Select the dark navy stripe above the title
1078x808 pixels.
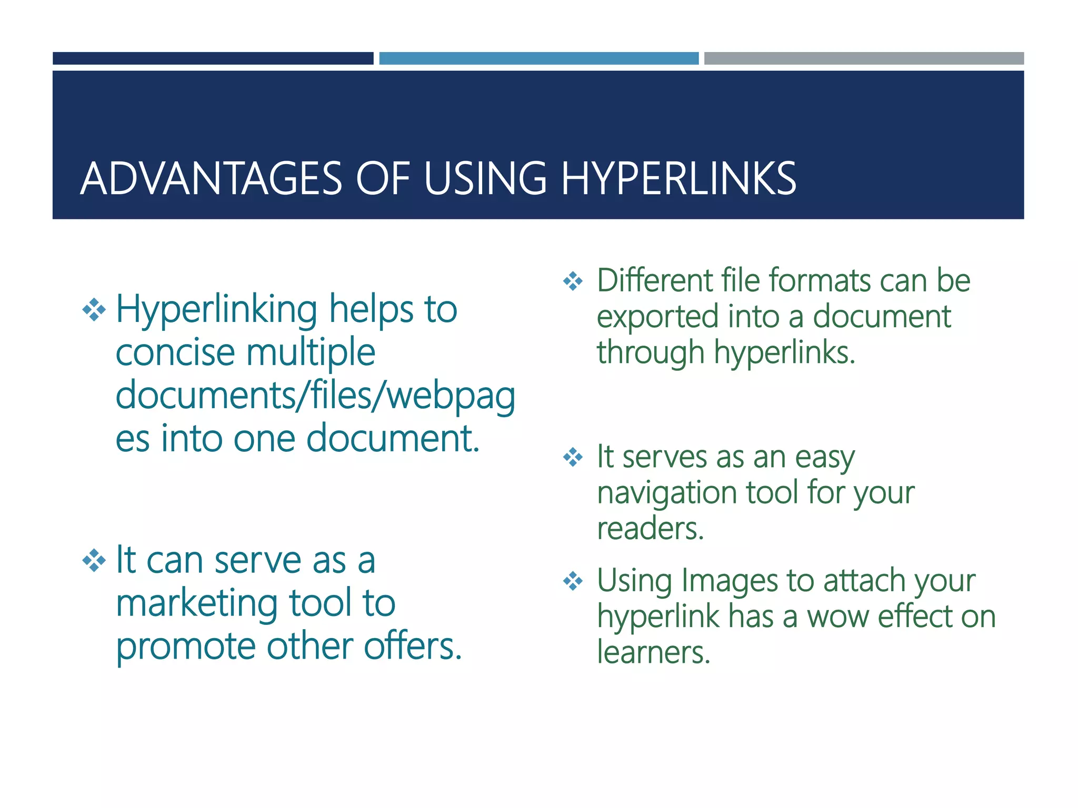[x=213, y=58]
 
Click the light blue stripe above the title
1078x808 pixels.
[x=538, y=58]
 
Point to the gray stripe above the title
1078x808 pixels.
[x=864, y=58]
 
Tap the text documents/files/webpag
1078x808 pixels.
[x=315, y=396]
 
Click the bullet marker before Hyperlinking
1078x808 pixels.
[x=94, y=309]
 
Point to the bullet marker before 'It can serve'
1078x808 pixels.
[x=94, y=561]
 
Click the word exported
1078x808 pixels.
[x=657, y=317]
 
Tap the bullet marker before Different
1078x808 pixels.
[x=573, y=281]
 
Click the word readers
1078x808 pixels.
[x=650, y=529]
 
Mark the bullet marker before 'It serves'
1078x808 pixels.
[x=573, y=457]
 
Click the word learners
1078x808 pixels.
[x=653, y=652]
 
